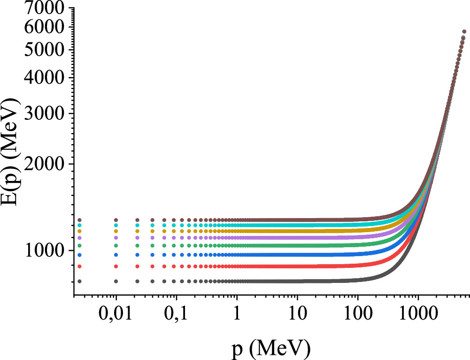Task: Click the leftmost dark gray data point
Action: [x=79, y=281]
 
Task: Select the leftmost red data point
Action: [x=79, y=266]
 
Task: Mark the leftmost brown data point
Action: [x=79, y=220]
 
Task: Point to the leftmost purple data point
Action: [x=79, y=238]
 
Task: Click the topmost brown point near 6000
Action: [x=464, y=31]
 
